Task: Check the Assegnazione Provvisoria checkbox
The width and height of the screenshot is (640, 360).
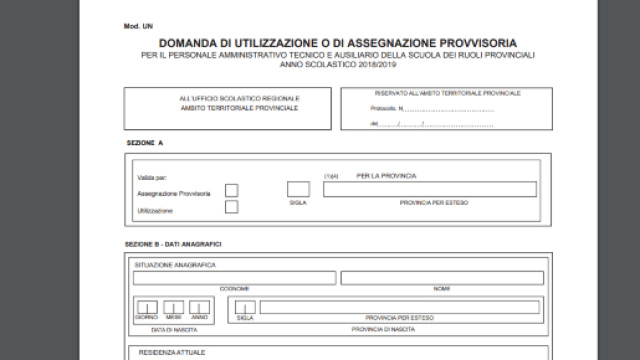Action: point(232,190)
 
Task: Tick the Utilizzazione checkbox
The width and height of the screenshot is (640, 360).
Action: point(232,207)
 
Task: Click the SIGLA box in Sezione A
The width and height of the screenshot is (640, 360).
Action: point(298,188)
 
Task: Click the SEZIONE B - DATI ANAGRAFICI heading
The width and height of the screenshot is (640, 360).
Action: point(173,243)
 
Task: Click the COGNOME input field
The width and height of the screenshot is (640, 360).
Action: point(234,277)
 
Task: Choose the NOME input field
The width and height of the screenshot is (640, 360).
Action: point(442,277)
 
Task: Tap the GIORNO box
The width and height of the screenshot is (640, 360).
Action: point(146,306)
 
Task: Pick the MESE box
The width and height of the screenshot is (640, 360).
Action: point(173,306)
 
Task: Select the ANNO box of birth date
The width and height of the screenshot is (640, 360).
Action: point(199,306)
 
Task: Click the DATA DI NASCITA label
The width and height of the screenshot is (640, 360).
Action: point(172,328)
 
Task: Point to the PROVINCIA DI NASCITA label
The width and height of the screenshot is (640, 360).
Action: point(383,328)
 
